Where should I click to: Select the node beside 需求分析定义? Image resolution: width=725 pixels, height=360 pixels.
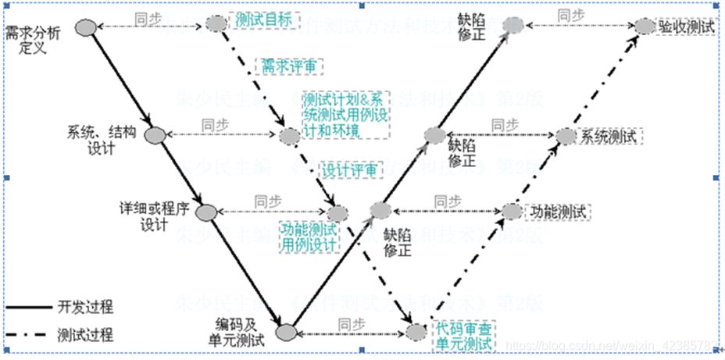coord(86,27)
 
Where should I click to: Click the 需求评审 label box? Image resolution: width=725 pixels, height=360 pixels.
coord(289,66)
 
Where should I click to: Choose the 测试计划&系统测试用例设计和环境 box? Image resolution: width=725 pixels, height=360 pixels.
coord(345,115)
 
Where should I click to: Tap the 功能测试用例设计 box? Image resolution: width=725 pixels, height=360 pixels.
coord(309,237)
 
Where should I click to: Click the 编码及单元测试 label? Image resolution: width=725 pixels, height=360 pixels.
coord(240,331)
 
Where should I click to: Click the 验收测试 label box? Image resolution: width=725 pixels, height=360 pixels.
coord(686,27)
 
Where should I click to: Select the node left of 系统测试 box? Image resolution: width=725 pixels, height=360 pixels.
coord(566,136)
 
